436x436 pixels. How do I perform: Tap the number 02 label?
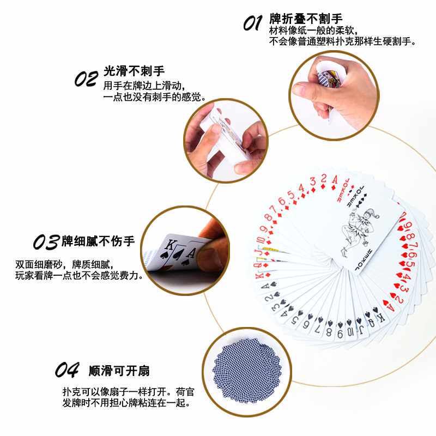[86, 79]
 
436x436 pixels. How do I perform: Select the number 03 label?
[46, 241]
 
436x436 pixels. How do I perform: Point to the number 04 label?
[68, 371]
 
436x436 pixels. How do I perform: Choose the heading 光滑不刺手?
[134, 71]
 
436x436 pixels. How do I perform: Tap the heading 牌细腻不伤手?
[98, 241]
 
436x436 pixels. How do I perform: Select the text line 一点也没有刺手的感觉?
[154, 97]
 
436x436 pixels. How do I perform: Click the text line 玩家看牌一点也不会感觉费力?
[80, 276]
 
